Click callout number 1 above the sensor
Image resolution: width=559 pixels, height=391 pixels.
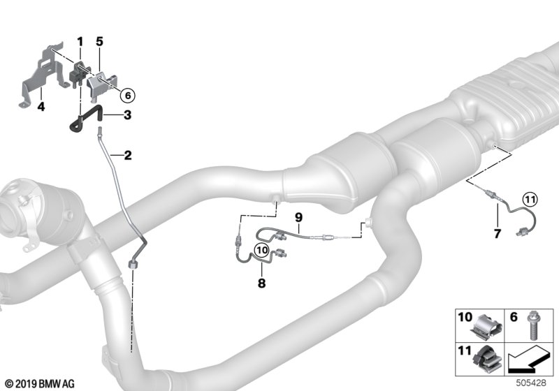(80, 42)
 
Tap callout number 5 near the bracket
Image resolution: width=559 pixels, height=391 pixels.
(99, 42)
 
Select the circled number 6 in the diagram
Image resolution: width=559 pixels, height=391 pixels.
(128, 95)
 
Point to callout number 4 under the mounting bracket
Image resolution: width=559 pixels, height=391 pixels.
(41, 106)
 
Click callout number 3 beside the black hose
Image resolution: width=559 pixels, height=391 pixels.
(127, 115)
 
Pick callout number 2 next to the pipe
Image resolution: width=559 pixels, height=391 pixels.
(128, 155)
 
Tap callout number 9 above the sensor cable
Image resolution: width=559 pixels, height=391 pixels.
(298, 217)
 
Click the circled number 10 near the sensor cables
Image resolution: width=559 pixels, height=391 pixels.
(262, 250)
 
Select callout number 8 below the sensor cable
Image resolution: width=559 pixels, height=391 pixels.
(261, 283)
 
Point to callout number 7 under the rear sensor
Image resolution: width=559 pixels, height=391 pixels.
(498, 234)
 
